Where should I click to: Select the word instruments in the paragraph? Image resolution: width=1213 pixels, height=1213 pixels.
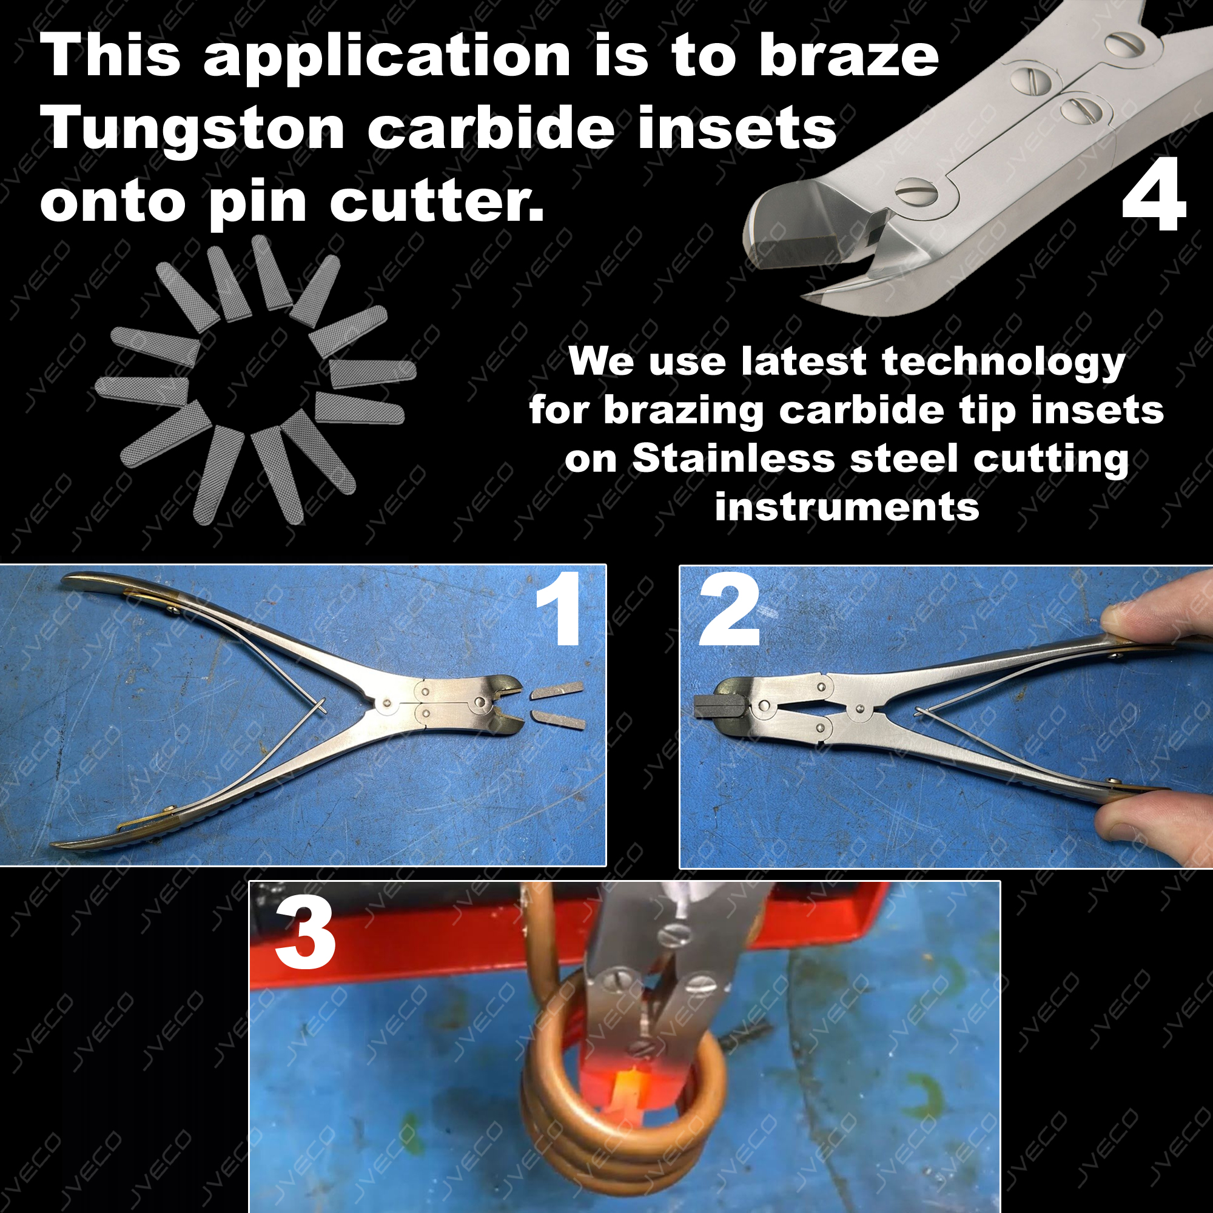pos(847,507)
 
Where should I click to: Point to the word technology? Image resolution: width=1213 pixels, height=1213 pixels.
pos(1003,363)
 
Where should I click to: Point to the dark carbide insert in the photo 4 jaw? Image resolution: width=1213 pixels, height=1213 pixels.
pos(792,249)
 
